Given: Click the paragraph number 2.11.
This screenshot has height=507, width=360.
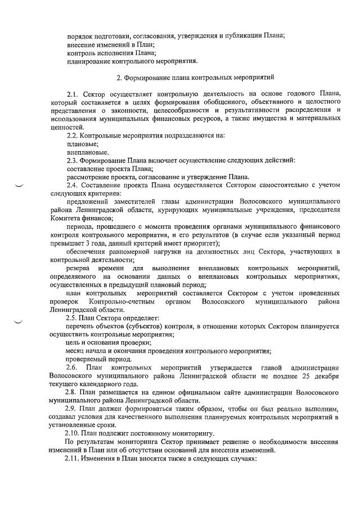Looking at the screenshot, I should coord(75,459).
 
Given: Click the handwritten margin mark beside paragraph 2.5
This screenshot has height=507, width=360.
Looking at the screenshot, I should coord(20,322).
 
